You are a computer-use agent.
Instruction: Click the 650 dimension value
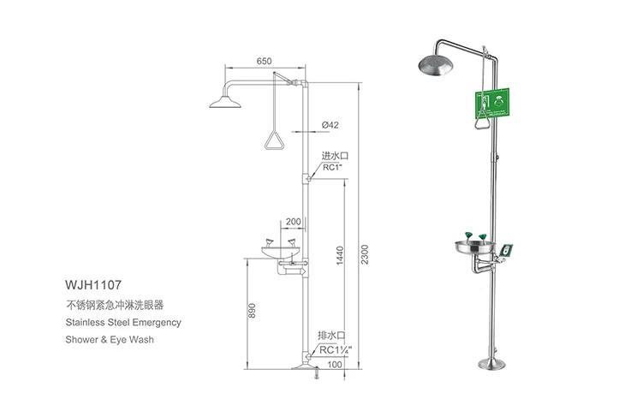click(264, 61)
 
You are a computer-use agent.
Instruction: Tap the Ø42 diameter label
click(330, 125)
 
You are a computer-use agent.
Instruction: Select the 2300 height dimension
click(365, 254)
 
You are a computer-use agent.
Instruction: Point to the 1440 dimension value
click(340, 255)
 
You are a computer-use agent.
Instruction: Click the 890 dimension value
click(252, 311)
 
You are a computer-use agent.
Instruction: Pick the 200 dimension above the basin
click(294, 222)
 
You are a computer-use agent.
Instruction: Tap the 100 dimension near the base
click(335, 365)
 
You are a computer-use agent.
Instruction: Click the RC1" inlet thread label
click(332, 168)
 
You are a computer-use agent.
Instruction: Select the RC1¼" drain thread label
click(336, 350)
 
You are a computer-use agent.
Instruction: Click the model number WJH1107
click(93, 285)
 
